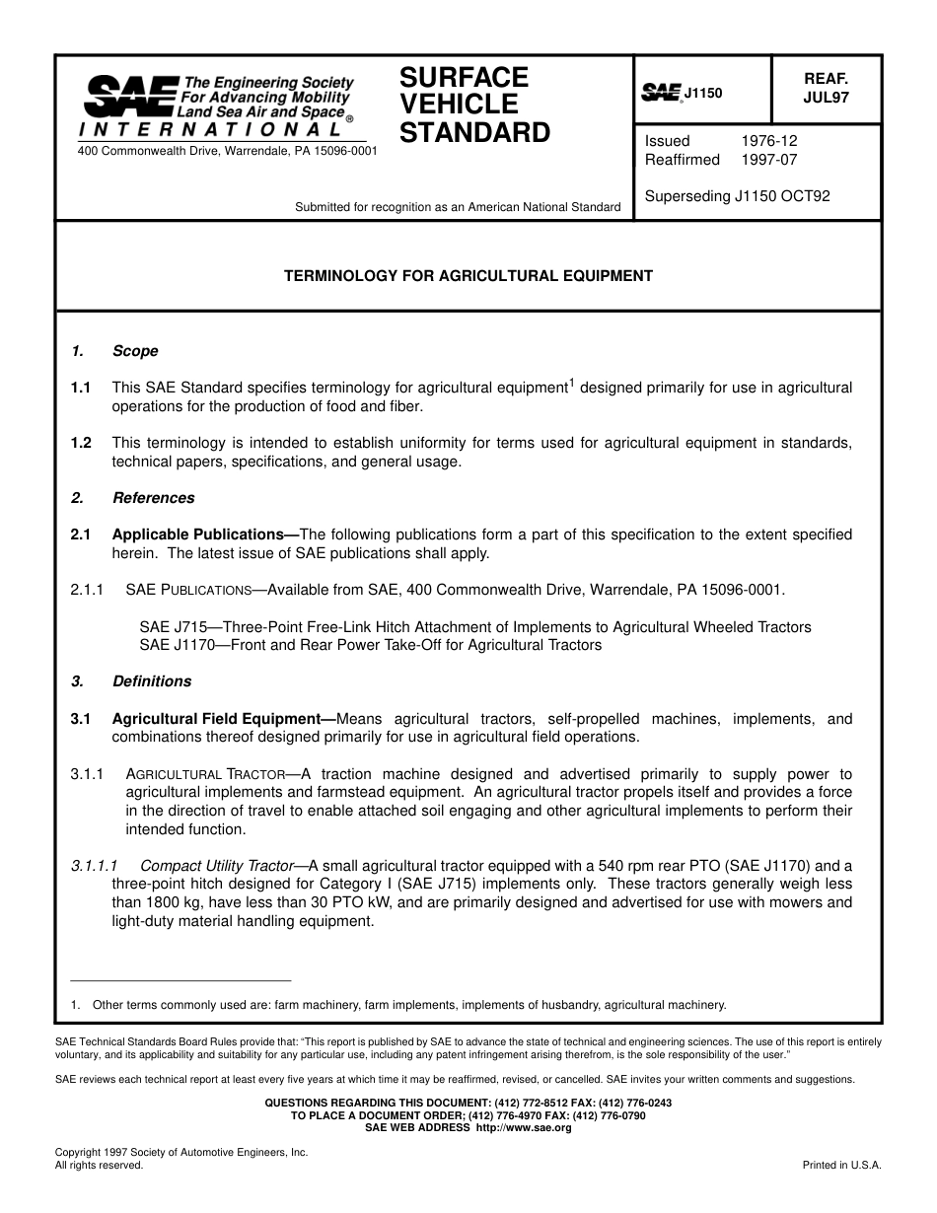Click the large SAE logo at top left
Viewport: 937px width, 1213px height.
130,98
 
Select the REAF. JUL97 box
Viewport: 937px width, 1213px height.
826,88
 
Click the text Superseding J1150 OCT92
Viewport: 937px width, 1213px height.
737,196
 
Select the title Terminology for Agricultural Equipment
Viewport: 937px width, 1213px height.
468,276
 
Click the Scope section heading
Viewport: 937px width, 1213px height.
135,351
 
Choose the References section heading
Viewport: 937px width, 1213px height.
153,498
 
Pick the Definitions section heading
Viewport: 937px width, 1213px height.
152,681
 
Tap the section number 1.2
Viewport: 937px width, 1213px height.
81,443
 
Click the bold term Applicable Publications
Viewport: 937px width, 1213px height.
198,535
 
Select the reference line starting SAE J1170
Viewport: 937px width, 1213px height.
370,645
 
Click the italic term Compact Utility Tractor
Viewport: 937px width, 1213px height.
217,866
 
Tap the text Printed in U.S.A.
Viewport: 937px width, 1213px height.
841,1165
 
